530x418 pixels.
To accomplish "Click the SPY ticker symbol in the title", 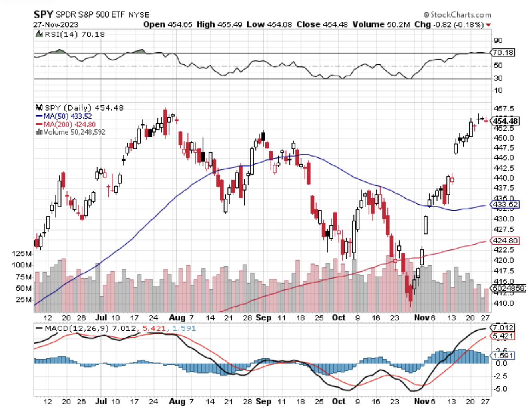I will (43, 14).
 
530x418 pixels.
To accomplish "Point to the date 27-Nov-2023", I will (56, 24).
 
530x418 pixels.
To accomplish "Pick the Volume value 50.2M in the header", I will (398, 24).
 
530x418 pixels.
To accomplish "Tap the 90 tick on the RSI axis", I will (498, 40).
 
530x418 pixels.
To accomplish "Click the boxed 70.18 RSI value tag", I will (503, 52).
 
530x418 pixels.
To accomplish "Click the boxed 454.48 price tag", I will (506, 121).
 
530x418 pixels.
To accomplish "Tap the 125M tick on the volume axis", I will (22, 253).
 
